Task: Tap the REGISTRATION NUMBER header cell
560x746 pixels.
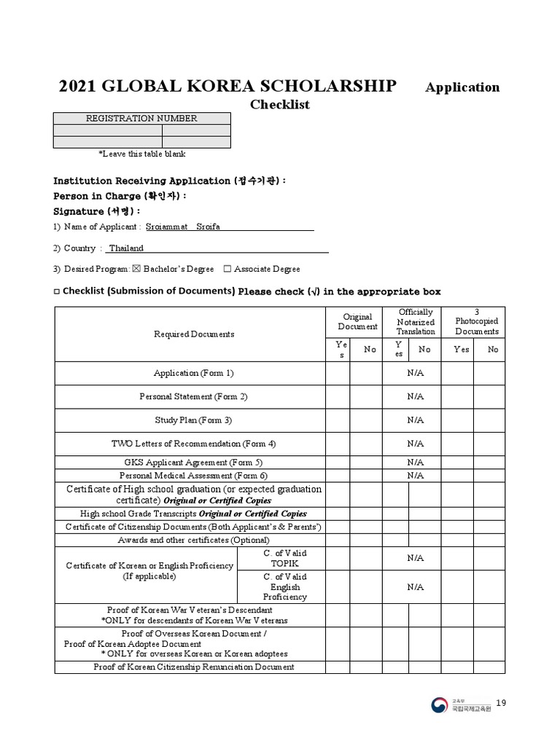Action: point(142,118)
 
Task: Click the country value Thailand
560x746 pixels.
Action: point(126,248)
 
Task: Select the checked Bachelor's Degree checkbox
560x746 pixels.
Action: point(136,269)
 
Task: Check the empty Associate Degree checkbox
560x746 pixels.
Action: point(227,269)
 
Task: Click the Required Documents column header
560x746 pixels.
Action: point(194,334)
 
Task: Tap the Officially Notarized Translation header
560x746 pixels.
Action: point(416,321)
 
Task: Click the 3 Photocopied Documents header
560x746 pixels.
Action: point(477,321)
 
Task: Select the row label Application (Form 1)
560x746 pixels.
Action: point(194,373)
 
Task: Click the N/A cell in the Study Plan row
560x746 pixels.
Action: point(416,420)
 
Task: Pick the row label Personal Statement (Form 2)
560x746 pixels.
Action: point(194,396)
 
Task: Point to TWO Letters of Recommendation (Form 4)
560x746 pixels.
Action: point(194,443)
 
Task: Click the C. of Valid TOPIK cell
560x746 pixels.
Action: point(284,558)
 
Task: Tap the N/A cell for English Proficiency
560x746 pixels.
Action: point(416,586)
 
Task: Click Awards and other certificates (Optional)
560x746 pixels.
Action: point(194,540)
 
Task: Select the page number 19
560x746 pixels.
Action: point(501,702)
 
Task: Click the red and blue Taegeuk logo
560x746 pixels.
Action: point(440,704)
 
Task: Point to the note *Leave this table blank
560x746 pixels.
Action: point(142,154)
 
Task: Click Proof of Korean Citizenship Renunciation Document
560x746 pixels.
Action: point(194,667)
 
